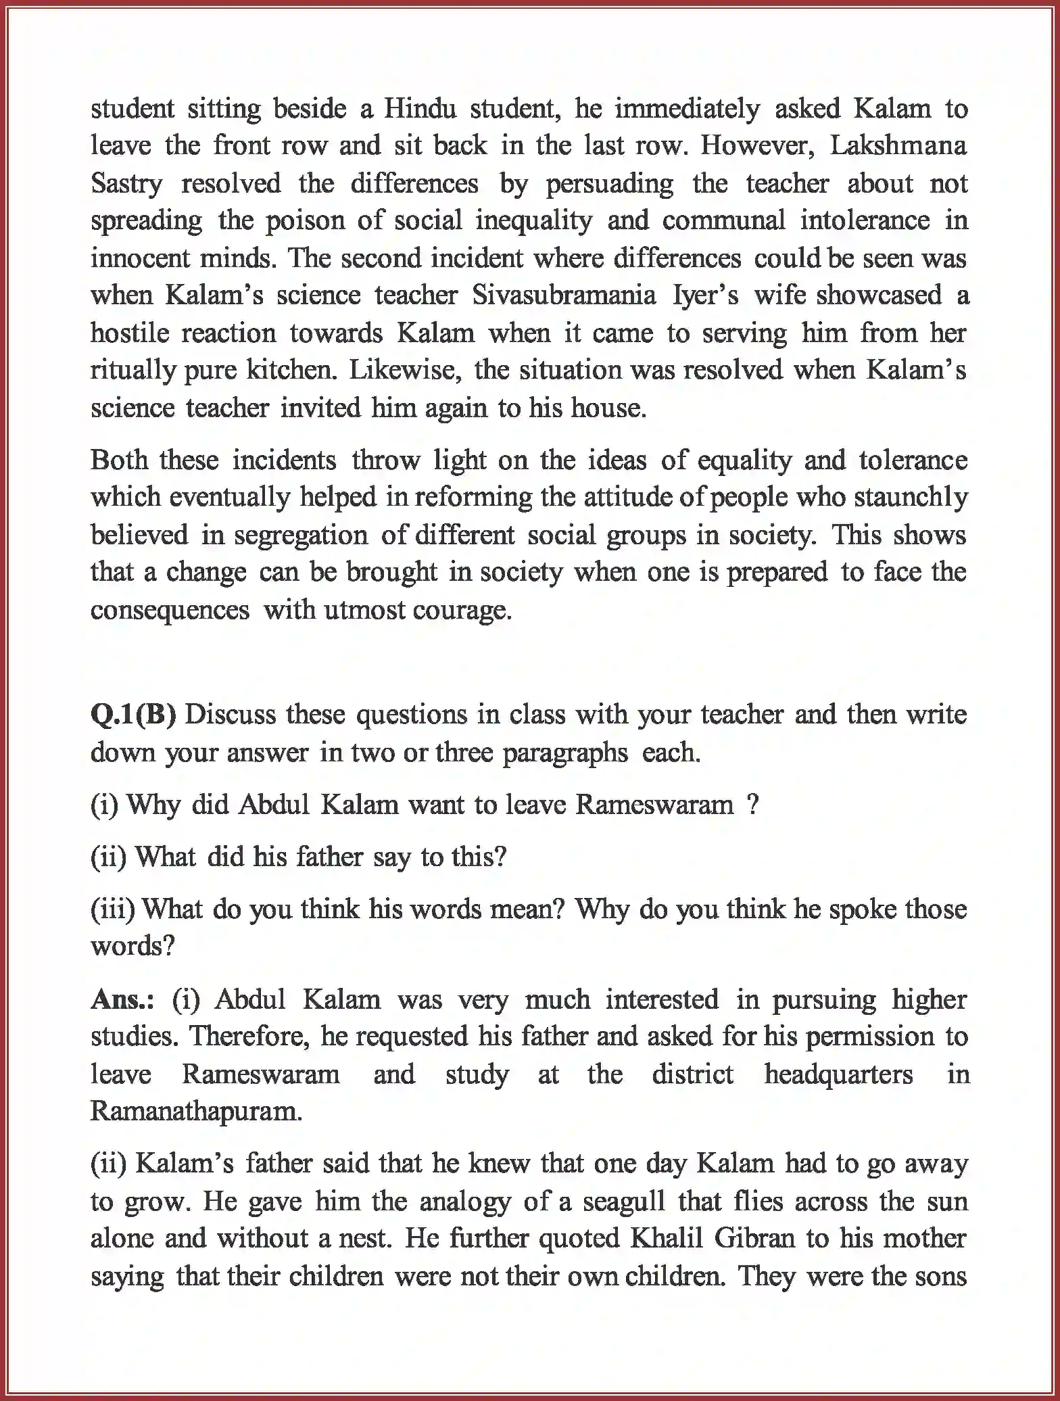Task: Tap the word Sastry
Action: tap(126, 184)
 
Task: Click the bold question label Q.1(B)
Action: tap(133, 715)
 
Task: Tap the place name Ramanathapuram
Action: tap(196, 1112)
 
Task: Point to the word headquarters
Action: tap(838, 1074)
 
